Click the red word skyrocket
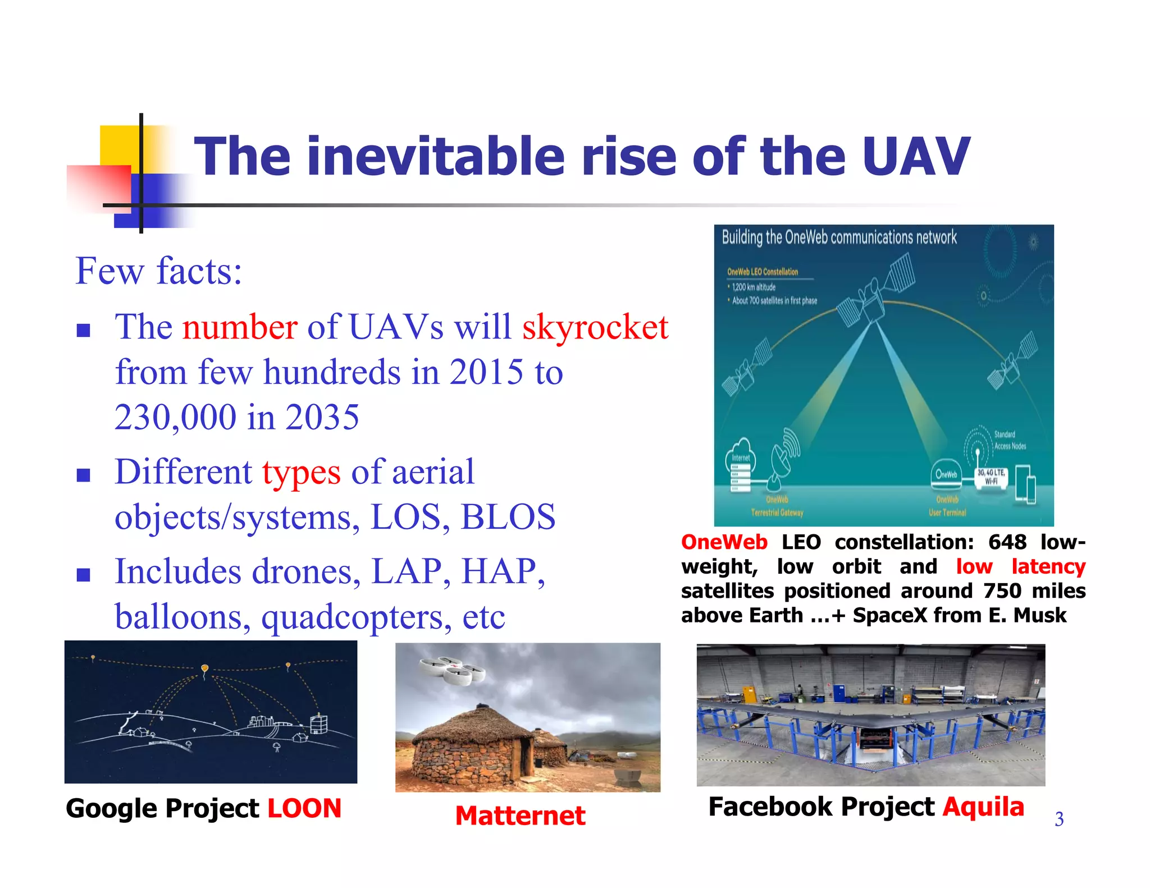click(x=595, y=327)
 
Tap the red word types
click(x=301, y=473)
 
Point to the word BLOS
click(x=508, y=517)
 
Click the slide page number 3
click(x=1058, y=820)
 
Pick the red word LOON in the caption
click(x=304, y=809)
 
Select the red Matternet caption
click(x=520, y=816)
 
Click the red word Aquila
click(x=983, y=807)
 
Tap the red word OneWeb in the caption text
click(x=724, y=542)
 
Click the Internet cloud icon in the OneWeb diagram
click(x=741, y=456)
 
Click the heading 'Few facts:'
click(x=158, y=271)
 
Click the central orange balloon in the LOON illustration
click(x=205, y=669)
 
